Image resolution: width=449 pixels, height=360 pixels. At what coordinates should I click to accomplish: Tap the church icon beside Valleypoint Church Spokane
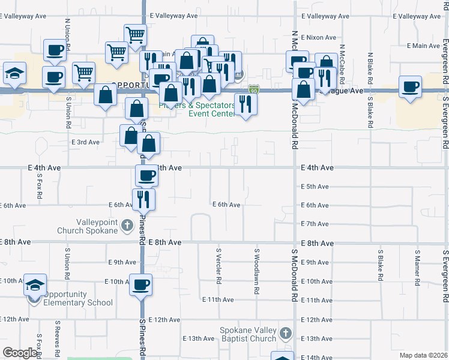[x=127, y=226]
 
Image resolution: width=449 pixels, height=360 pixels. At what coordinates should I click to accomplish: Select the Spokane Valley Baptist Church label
[x=248, y=335]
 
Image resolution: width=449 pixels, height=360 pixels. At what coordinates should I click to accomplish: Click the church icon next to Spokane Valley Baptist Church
[x=286, y=333]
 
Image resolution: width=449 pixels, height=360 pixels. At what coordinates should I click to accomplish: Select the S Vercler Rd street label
[x=218, y=266]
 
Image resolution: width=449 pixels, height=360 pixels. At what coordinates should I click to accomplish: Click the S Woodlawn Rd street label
[x=256, y=271]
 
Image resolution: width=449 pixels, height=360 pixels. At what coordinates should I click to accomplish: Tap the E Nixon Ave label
[x=318, y=37]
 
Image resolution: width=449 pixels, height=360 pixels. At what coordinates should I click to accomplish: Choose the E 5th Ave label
[x=315, y=187]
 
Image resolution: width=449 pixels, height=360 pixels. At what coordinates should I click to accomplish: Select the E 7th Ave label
[x=315, y=224]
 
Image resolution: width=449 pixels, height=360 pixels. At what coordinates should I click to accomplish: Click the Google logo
[x=20, y=353]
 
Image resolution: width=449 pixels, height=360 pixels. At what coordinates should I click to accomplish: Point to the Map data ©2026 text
[x=423, y=355]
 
